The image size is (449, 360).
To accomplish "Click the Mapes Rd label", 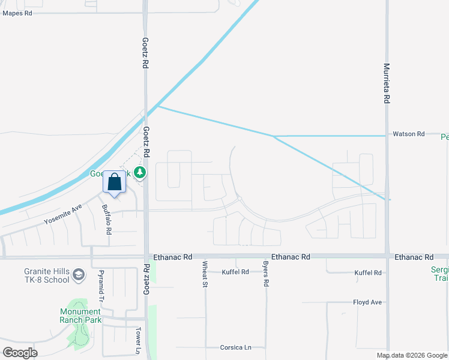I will [x=17, y=13].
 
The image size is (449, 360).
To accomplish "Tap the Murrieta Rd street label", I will [x=387, y=84].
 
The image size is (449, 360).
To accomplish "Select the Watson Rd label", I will [x=409, y=134].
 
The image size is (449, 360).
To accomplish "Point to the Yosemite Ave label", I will [x=62, y=215].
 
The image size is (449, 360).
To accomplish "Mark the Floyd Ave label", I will [x=367, y=302].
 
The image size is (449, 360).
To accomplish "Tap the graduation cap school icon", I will [x=78, y=275].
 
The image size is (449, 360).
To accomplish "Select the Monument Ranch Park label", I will [x=80, y=316].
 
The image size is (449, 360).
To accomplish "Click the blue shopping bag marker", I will [x=115, y=181].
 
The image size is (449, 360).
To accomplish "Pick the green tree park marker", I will [x=140, y=173].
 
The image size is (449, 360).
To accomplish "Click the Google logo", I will [x=20, y=353].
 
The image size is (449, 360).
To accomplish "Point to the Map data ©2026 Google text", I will [x=412, y=355].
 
